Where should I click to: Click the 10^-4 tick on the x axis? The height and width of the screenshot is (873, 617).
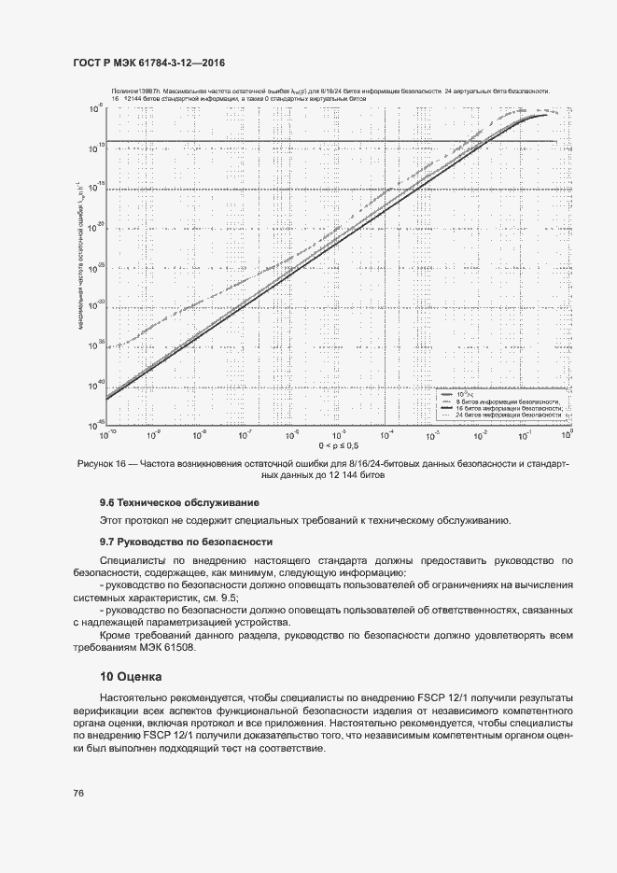click(x=384, y=434)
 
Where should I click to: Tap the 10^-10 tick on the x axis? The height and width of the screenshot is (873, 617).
click(x=107, y=434)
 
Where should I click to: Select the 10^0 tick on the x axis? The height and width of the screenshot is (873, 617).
click(x=566, y=434)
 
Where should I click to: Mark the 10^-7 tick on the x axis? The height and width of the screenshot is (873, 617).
click(x=245, y=434)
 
